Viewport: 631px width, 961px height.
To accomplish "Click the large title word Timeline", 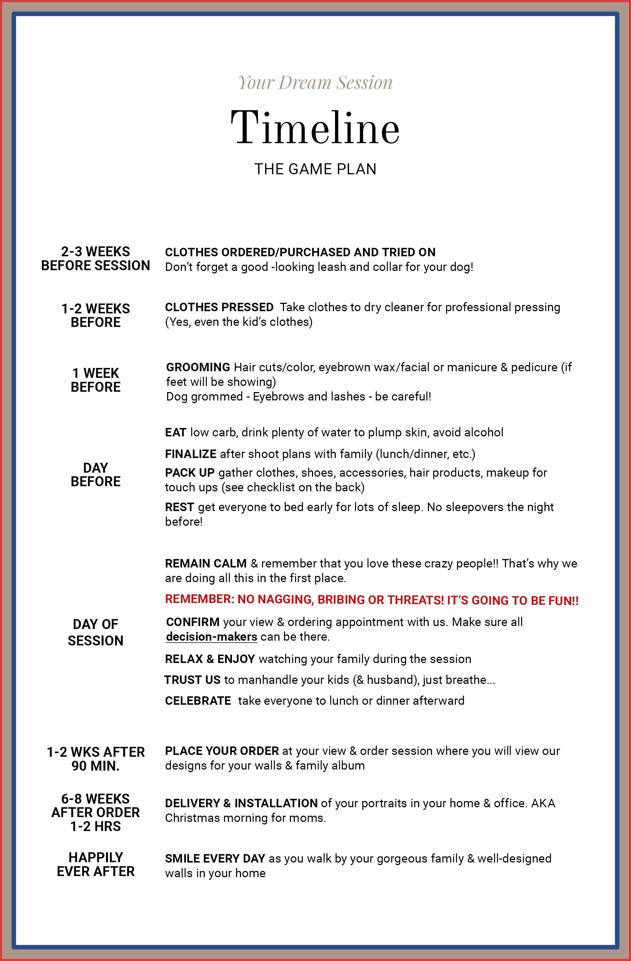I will tap(315, 128).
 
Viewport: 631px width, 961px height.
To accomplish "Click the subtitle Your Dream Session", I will tap(315, 83).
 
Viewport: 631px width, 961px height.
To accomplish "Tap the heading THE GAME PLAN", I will tap(315, 169).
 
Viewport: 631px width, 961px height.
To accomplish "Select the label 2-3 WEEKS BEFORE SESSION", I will tap(95, 258).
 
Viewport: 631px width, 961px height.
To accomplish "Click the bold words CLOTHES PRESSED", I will tap(219, 307).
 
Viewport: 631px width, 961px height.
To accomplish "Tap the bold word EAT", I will tap(176, 432).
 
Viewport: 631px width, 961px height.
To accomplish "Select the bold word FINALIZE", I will tap(191, 454).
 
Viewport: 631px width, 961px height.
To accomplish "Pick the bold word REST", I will tap(180, 507).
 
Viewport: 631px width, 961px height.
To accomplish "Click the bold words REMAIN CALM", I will tap(206, 564).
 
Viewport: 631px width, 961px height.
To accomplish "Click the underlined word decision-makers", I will tap(211, 637).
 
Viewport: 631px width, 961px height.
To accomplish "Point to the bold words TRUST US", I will tap(192, 680).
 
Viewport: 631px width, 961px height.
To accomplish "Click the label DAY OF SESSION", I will tap(95, 632).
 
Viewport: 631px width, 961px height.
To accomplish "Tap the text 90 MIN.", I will tap(95, 766).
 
